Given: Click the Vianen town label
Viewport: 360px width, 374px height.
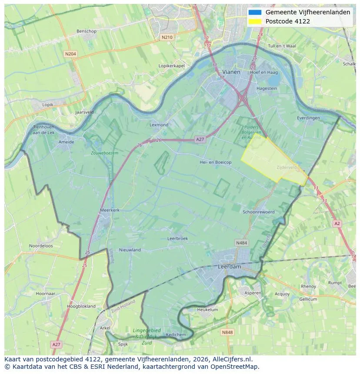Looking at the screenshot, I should (x=231, y=72).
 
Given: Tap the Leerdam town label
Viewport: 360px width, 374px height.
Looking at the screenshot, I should (x=229, y=267).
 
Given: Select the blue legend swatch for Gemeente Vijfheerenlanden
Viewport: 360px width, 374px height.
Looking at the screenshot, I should (x=255, y=12).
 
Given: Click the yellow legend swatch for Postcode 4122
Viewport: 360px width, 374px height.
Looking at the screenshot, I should (x=255, y=21).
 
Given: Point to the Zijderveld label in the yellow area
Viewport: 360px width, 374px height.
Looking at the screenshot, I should (x=286, y=167).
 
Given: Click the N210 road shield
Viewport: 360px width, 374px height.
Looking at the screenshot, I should (x=167, y=37).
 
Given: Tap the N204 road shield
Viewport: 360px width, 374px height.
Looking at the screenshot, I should (x=70, y=54).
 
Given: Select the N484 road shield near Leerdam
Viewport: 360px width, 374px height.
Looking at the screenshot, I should (x=241, y=242).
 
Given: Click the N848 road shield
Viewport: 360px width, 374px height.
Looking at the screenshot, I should (x=227, y=332).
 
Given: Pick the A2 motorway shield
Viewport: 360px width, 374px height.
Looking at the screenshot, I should (x=337, y=223).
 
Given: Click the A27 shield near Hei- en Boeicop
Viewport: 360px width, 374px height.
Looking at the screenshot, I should (x=200, y=139).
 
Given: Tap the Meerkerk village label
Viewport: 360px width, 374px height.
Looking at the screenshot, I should (x=110, y=210).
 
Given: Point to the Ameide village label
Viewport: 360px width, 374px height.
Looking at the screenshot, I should (x=66, y=142).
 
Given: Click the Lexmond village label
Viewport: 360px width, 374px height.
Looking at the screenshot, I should (x=159, y=125).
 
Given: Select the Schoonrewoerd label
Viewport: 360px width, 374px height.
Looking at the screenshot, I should (x=259, y=212).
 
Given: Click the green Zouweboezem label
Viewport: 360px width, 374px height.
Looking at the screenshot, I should (x=104, y=153).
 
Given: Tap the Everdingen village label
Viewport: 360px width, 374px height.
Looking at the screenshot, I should (x=308, y=118).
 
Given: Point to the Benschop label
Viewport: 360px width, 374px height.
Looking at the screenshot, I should (x=86, y=31).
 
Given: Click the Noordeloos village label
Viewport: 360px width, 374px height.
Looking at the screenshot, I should (x=41, y=245).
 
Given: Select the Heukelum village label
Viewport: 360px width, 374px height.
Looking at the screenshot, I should (x=207, y=310).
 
